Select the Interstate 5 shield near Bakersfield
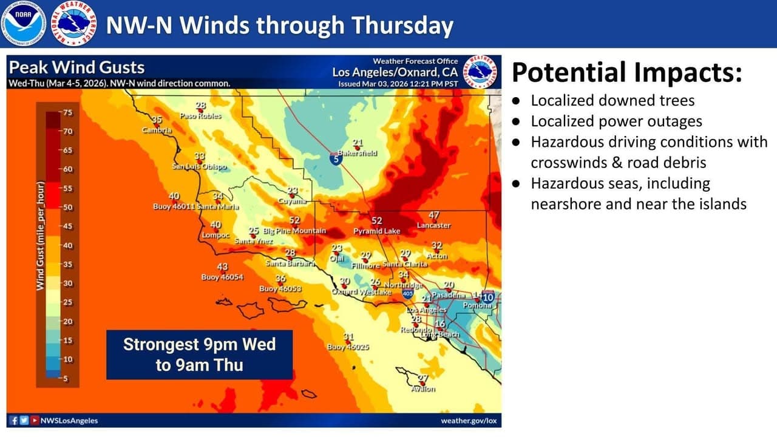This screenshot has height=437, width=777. coord(336,159)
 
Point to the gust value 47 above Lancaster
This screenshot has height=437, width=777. coord(433,215)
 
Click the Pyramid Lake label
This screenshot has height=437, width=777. coord(376,231)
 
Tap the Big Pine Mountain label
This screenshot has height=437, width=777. coord(294,231)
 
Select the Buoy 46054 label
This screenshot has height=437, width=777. coord(222,277)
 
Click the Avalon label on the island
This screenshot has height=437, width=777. coord(423,389)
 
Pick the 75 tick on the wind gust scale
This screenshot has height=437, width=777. coord(65,113)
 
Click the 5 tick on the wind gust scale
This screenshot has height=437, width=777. coord(65,379)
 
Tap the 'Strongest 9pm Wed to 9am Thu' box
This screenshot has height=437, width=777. coord(199,354)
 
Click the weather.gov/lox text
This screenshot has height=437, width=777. coord(469,421)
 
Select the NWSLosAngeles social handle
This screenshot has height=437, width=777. coord(69,421)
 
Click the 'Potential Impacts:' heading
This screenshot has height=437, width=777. coord(626,72)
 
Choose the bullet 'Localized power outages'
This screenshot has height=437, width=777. coord(616,121)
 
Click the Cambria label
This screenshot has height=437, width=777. coord(157,130)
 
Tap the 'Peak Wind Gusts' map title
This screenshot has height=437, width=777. coord(77,67)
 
